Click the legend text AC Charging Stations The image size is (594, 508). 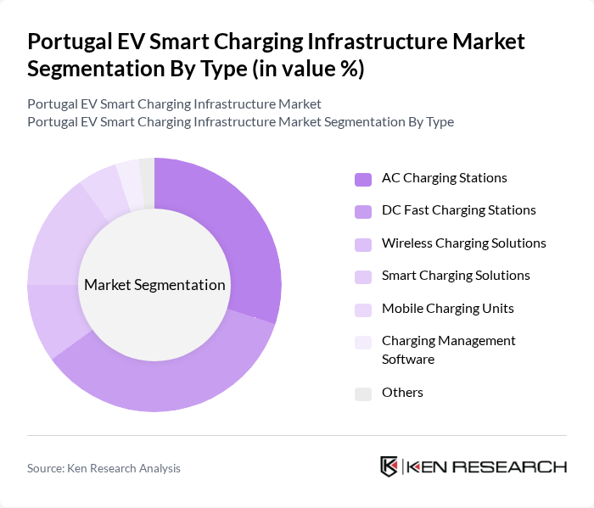444,178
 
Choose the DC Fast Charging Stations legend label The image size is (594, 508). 458,210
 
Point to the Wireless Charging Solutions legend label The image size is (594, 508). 463,243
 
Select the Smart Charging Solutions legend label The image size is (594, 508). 456,276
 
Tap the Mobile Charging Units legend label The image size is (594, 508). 447,308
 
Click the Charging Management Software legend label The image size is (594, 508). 448,349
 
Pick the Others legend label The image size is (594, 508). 402,393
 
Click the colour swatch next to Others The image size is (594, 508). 363,394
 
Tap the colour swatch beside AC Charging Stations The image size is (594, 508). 363,179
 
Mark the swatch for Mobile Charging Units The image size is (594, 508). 363,309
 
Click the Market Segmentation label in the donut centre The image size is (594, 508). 154,285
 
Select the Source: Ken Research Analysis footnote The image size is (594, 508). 104,468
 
